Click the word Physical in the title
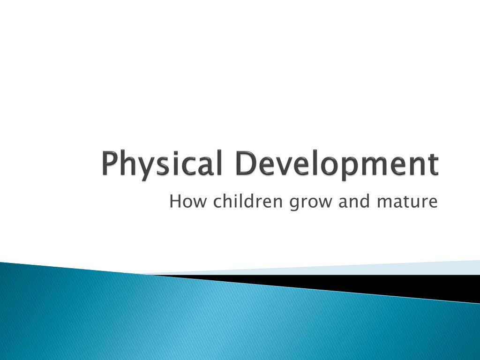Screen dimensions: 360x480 pyautogui.click(x=162, y=164)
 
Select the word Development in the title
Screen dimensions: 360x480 pyautogui.click(x=337, y=164)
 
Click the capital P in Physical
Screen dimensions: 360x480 pyautogui.click(x=109, y=164)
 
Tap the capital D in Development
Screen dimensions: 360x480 pyautogui.click(x=245, y=164)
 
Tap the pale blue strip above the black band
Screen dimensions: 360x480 pyautogui.click(x=375, y=269)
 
